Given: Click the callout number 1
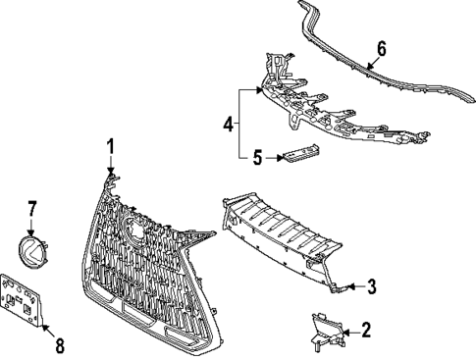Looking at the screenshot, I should coord(111,146).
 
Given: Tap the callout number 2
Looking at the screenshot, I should coord(366,331).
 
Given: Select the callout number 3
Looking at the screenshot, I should coord(372,286).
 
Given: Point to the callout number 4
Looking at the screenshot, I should coord(228,125).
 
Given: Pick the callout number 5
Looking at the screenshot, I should coord(256,156).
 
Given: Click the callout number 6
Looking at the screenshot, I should coord(381,48).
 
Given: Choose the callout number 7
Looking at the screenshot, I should coord(31,208).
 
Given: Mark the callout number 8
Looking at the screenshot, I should coord(58,345).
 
